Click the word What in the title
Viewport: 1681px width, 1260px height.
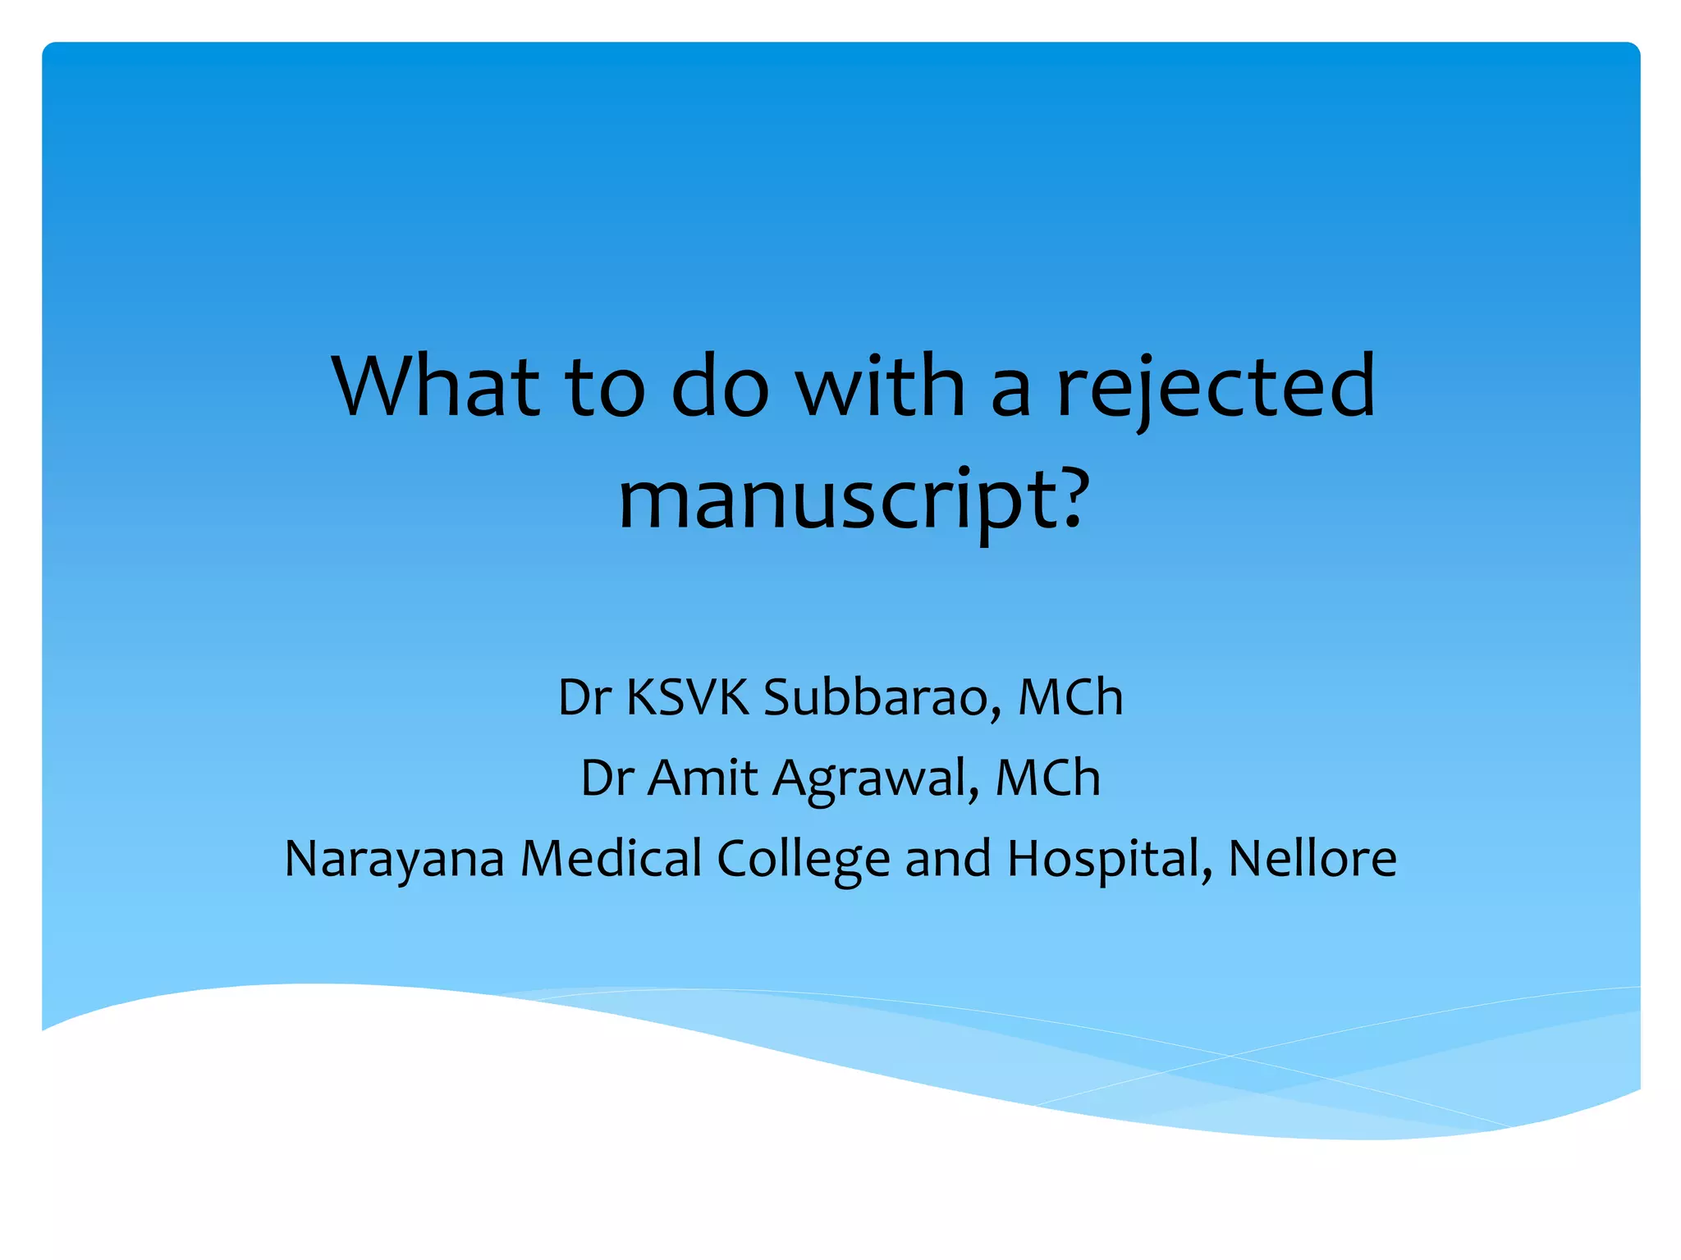point(436,386)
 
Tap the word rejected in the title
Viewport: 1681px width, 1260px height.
point(1216,386)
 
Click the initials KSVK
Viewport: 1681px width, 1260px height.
point(688,698)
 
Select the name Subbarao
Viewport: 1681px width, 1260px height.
point(882,698)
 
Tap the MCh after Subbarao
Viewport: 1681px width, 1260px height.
point(1070,698)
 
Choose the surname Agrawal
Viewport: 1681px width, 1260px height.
point(875,779)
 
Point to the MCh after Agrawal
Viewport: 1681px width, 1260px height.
point(1047,778)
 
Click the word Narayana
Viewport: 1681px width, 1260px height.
point(394,860)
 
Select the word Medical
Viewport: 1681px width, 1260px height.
point(611,858)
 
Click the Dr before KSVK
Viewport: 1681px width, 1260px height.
point(584,698)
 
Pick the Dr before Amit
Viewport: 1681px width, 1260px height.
point(607,778)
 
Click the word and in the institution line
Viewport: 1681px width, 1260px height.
point(948,858)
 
